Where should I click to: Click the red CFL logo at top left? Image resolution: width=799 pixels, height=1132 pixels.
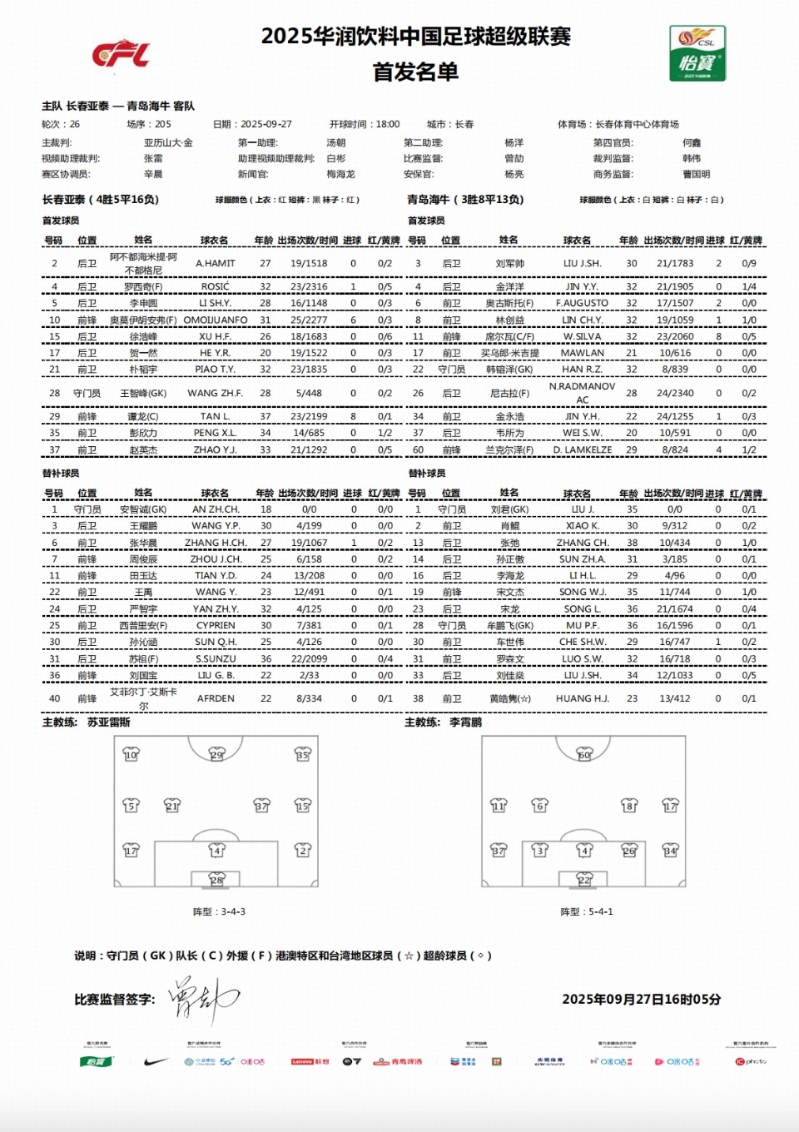tap(121, 54)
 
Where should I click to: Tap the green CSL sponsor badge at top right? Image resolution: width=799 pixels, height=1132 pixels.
tap(697, 53)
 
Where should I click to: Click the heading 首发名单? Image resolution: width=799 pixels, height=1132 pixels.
tap(415, 72)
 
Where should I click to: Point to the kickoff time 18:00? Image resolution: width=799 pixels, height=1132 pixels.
tap(387, 124)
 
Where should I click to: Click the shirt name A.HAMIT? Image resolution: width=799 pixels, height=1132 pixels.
tap(216, 263)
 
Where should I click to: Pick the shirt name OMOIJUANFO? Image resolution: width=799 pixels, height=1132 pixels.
tap(216, 320)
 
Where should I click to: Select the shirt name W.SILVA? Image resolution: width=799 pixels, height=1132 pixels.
tap(582, 336)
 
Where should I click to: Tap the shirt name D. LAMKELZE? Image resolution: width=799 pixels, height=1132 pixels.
tap(583, 449)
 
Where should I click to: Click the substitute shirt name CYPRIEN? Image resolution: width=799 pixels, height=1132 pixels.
tap(216, 625)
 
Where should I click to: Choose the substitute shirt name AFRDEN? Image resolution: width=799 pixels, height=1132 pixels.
tap(216, 698)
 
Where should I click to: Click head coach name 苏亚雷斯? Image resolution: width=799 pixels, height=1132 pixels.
tap(109, 722)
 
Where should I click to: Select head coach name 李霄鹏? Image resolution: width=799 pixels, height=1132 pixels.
tap(465, 722)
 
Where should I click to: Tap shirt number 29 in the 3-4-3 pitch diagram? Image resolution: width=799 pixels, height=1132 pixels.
tap(216, 755)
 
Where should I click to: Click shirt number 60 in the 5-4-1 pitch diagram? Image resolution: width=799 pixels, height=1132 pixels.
tap(584, 755)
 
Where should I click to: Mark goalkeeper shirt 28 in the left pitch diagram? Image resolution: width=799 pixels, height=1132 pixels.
tap(216, 880)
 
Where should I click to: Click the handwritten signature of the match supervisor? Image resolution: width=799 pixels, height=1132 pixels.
tap(202, 998)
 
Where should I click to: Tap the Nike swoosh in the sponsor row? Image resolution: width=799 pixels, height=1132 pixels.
tap(156, 1061)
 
